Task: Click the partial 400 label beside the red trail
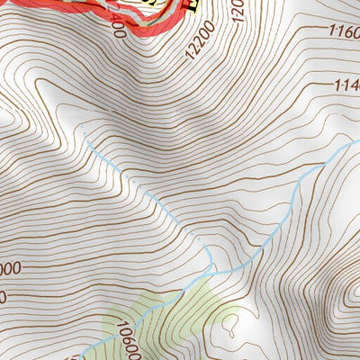[114, 28]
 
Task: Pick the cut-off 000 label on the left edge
[11, 269]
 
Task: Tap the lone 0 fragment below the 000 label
[4, 295]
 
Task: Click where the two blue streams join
[211, 271]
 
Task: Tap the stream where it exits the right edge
[356, 142]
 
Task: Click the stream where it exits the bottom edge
[85, 356]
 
